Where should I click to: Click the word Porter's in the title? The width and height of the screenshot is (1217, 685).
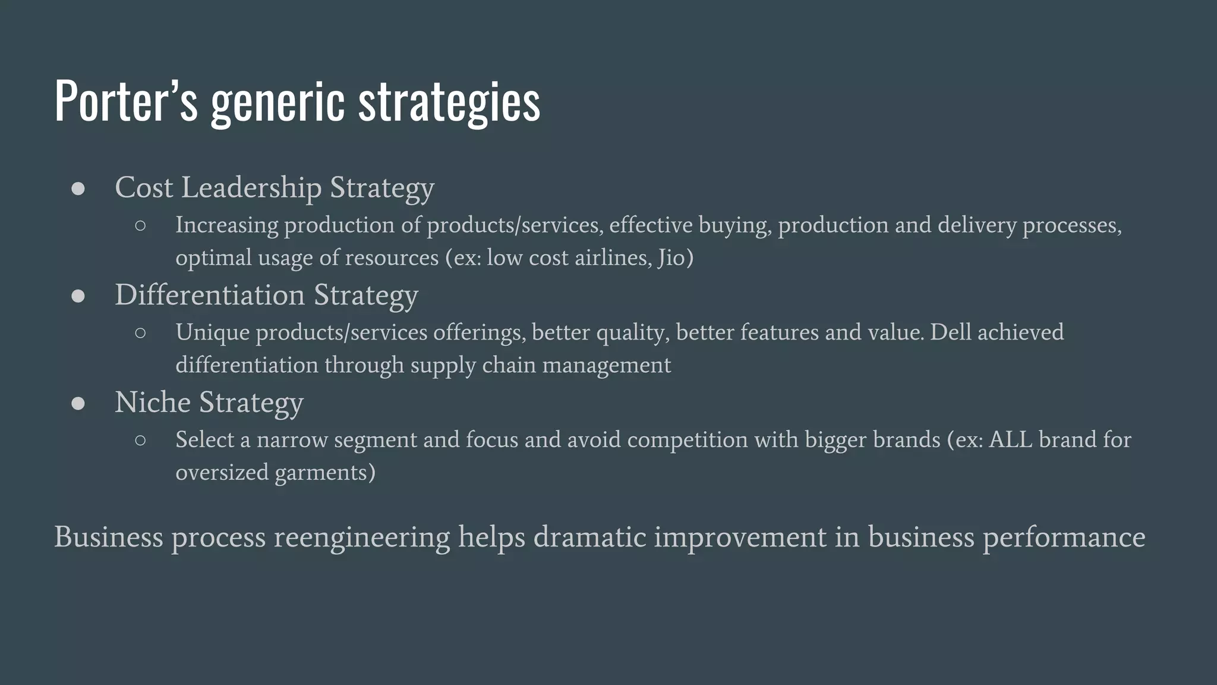point(125,101)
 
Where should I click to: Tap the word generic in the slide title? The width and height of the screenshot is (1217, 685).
point(278,102)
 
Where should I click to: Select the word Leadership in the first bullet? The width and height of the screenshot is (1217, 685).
point(251,188)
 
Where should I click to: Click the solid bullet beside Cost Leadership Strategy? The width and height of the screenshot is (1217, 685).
point(78,189)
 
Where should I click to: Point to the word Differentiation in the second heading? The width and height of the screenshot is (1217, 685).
point(210,295)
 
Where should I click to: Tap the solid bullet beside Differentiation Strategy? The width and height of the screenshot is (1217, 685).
point(78,296)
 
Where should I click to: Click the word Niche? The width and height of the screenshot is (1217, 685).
point(152,403)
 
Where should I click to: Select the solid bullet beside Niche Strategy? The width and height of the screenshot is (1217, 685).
point(78,404)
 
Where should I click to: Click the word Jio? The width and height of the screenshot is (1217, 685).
point(674,258)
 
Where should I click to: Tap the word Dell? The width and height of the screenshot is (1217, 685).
point(950,332)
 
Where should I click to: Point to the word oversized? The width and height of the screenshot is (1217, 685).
point(222,473)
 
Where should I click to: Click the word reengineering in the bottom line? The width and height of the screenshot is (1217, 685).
point(361,538)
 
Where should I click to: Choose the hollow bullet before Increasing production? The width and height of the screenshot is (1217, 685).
point(140,226)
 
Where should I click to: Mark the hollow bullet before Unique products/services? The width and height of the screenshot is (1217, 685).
point(140,333)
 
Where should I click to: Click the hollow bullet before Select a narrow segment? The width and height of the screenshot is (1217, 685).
point(140,441)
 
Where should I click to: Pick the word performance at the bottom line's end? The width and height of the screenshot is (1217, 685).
point(1063,538)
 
